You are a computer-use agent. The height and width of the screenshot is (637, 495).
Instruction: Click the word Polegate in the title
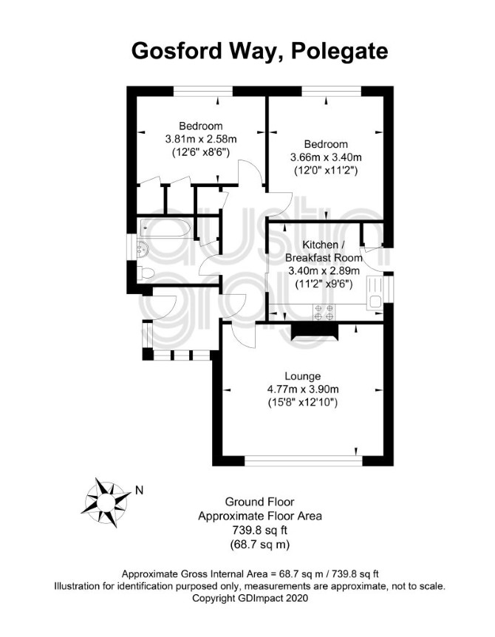click(x=339, y=52)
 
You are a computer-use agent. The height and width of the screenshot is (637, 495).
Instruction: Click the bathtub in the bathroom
click(x=165, y=228)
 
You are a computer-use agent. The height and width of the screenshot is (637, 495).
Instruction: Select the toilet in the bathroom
click(x=146, y=273)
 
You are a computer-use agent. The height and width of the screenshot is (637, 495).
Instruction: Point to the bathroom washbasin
click(x=143, y=248)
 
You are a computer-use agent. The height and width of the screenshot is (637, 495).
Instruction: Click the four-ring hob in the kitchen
click(x=324, y=312)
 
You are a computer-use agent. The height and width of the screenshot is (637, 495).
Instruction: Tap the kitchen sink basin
click(x=374, y=302)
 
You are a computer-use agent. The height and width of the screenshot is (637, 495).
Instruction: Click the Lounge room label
click(x=302, y=376)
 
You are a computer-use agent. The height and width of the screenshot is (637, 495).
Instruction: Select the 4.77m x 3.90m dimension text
click(x=302, y=389)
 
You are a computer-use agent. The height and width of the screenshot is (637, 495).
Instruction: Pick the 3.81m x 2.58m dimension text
click(x=201, y=139)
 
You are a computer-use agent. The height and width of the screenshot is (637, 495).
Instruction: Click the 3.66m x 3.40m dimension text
click(x=326, y=157)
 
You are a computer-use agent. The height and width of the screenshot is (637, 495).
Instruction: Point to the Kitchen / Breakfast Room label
click(x=324, y=251)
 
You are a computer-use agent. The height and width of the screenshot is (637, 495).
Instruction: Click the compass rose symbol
click(x=105, y=502)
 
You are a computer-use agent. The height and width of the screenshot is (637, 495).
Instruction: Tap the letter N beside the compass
click(x=140, y=491)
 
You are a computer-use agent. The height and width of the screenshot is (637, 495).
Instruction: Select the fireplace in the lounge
click(x=315, y=330)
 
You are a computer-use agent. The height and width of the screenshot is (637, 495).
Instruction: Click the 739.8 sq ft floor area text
click(x=260, y=530)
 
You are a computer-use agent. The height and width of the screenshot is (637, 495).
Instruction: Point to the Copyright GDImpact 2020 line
click(x=250, y=598)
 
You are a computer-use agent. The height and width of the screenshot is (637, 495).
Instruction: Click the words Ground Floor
click(x=259, y=502)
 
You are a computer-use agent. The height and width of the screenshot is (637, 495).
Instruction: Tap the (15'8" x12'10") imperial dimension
click(x=302, y=403)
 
